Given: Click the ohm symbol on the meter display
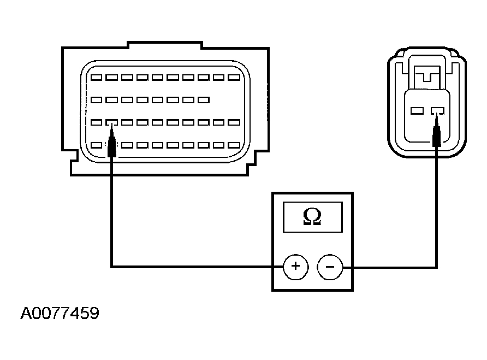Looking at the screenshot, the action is [312, 216].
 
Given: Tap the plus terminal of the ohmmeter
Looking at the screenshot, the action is [296, 267].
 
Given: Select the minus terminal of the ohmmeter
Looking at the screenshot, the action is [330, 267].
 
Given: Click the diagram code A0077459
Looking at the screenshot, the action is [60, 313].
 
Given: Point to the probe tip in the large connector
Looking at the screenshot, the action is [111, 125].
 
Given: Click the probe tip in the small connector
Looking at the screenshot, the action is [437, 114].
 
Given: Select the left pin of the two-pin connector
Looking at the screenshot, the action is [417, 111].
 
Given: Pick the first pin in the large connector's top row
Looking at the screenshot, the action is [96, 78].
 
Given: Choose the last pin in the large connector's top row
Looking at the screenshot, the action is [234, 78].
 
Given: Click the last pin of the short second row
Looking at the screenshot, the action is [204, 100].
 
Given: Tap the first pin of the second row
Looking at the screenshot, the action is [96, 100].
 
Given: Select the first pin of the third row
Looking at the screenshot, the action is [96, 122].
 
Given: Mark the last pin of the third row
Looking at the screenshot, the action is [234, 122].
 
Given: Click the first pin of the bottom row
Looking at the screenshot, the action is [96, 145].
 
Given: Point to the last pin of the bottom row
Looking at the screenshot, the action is [234, 145].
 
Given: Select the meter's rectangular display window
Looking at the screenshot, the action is [313, 217].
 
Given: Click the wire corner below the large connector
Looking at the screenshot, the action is [111, 267].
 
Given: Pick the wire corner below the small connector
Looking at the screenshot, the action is [436, 267].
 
